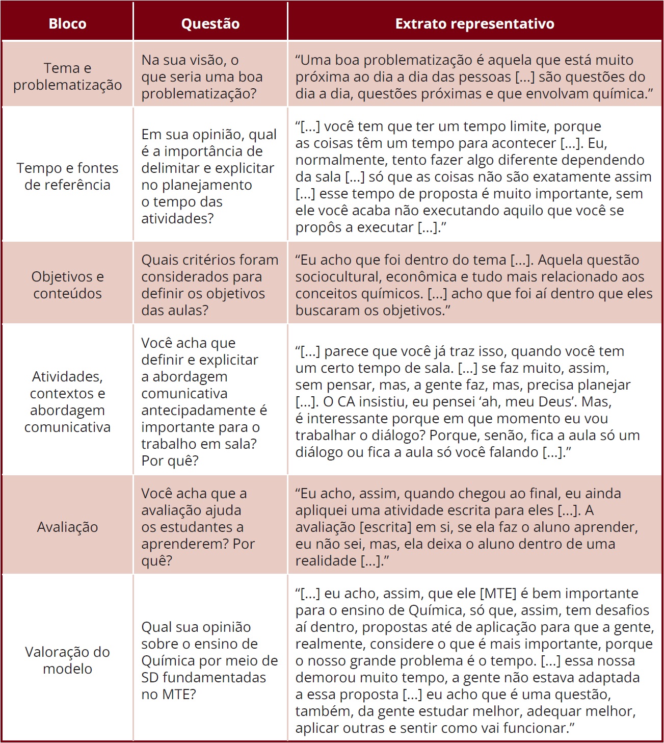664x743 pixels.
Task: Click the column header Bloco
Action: pos(67,23)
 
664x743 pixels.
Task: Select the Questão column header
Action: pos(210,23)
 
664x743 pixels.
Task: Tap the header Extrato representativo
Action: pos(474,23)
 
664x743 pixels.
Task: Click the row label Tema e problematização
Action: pos(67,76)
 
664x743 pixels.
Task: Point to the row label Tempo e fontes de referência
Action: pos(67,176)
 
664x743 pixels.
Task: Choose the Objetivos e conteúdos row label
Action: pos(67,285)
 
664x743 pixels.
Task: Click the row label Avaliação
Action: pos(67,527)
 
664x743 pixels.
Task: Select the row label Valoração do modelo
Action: pos(67,660)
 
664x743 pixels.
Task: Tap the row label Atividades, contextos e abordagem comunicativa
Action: pos(67,401)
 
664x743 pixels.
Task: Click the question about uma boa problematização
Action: pos(202,76)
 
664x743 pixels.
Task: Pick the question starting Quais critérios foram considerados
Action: pos(209,285)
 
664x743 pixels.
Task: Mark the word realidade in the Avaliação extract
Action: pos(326,561)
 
